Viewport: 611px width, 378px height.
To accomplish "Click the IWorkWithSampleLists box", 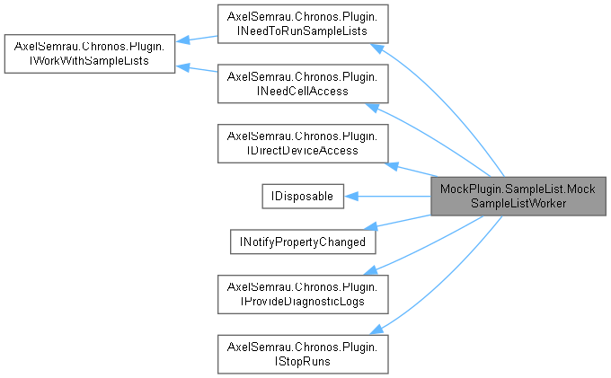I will click(x=89, y=54).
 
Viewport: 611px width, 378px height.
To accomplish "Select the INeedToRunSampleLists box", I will click(x=303, y=24).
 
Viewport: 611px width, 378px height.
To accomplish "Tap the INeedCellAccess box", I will click(x=303, y=84).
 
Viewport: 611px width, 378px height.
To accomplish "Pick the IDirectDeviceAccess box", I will click(x=303, y=143).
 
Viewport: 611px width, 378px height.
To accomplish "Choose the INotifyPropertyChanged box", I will click(x=301, y=242).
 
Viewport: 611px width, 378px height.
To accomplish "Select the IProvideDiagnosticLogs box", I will click(x=303, y=294).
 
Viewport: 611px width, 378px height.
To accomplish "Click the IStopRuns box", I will click(x=303, y=353).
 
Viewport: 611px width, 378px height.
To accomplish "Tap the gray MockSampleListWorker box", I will click(x=517, y=195).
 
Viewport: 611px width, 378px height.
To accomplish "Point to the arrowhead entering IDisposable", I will click(x=352, y=195).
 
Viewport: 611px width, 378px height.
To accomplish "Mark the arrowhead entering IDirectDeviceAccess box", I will click(x=391, y=163).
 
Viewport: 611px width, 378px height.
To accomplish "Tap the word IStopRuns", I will click(x=303, y=360).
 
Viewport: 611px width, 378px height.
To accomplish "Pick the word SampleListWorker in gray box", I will click(x=517, y=202).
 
